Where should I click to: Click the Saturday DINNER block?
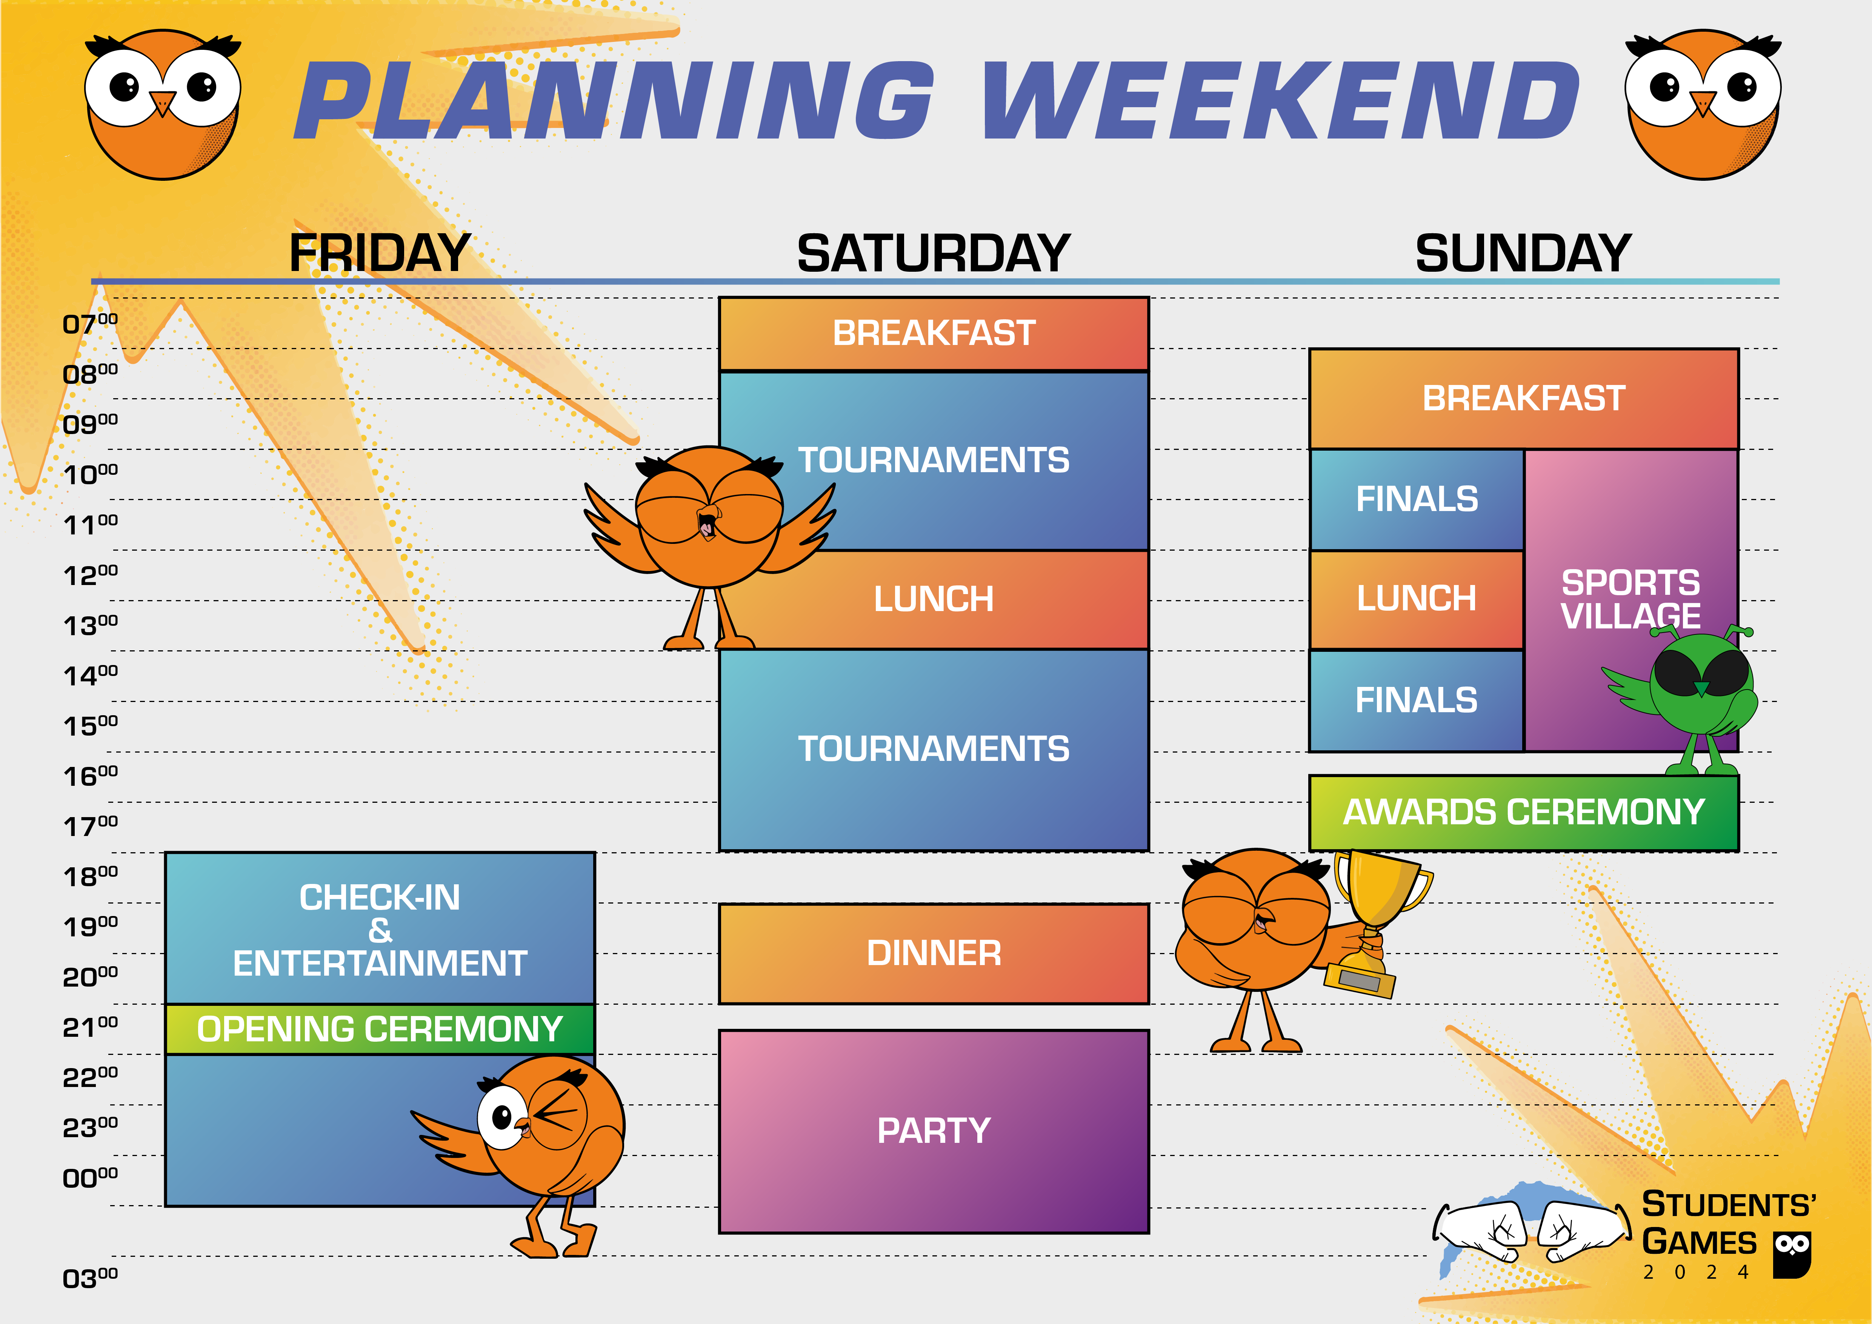934,953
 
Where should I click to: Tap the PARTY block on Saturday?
934,1131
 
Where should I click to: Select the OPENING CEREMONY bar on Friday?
380,1029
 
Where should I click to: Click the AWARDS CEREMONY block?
1524,812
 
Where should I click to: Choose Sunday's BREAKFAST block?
1524,399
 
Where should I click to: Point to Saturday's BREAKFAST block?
934,333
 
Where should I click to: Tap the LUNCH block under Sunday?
1416,599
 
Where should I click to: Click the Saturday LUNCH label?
934,599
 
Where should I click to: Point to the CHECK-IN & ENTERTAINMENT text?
380,930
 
